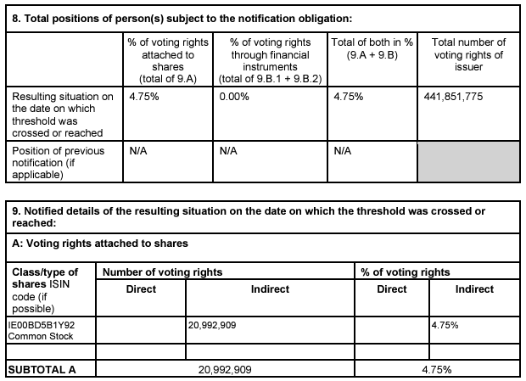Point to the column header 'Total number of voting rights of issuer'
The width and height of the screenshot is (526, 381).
[468, 54]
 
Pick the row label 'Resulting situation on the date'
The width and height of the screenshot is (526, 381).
[62, 115]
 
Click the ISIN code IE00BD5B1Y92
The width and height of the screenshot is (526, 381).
[41, 324]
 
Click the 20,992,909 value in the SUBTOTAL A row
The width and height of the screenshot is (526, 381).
[225, 370]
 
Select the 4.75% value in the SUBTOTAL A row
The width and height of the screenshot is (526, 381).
[436, 370]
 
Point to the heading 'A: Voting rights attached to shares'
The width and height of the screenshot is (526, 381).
[100, 244]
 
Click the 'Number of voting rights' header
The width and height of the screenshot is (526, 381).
[162, 272]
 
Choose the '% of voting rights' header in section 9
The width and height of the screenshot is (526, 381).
[406, 272]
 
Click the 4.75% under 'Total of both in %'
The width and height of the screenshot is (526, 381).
[349, 96]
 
